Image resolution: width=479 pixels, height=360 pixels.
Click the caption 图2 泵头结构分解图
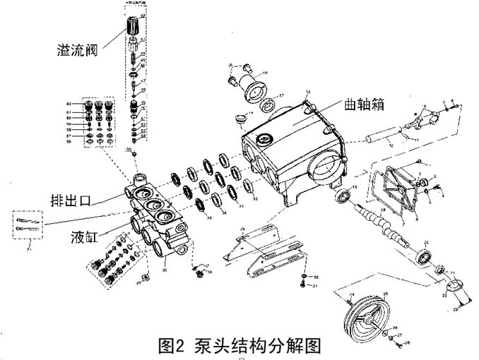tap(240, 346)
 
